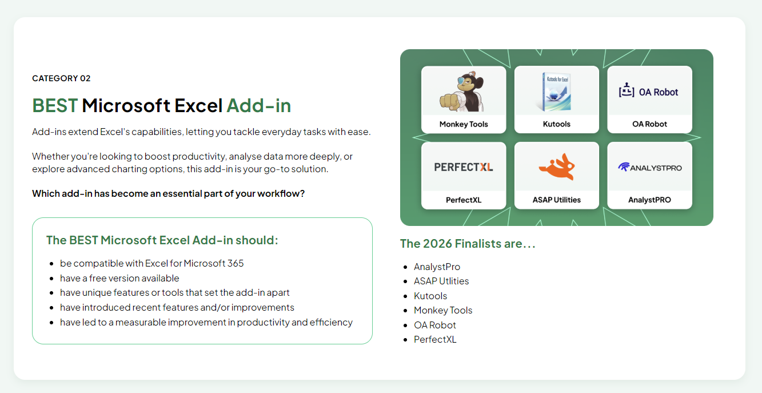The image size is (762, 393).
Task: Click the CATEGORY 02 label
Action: point(61,78)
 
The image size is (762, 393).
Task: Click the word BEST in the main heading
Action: point(55,106)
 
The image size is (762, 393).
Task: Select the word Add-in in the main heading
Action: point(259,106)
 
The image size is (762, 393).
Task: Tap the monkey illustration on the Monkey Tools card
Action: point(463,92)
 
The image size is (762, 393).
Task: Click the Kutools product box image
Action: point(556,92)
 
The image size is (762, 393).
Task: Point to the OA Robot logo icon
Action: point(627,91)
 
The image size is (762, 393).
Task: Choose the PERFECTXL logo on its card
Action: point(464,167)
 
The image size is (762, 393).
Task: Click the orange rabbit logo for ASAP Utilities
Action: point(556,166)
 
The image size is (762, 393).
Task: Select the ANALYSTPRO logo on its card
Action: point(649,167)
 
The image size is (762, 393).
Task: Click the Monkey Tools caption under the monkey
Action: point(464,124)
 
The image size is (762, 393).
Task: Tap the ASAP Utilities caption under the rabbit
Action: point(556,200)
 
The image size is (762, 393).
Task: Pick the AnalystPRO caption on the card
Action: point(649,200)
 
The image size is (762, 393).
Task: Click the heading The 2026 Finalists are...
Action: point(468,244)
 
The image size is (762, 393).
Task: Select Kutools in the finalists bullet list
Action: point(430,296)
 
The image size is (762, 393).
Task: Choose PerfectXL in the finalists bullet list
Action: point(435,339)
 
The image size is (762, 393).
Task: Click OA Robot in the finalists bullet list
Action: point(435,325)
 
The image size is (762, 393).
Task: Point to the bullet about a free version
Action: point(119,278)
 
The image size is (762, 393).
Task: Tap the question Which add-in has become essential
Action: point(168,193)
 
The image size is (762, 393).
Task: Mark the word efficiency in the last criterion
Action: point(331,322)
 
